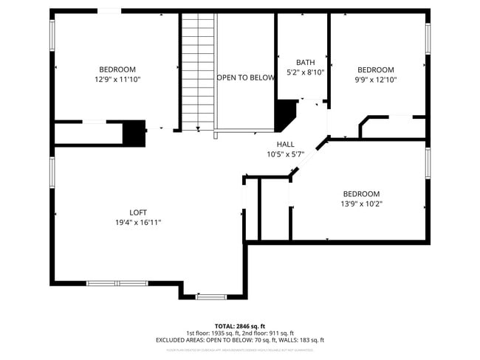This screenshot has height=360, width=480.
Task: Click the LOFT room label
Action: pyautogui.click(x=138, y=212)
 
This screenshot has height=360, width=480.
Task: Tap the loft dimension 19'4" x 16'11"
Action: pyautogui.click(x=138, y=222)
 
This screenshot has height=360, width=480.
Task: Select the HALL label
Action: pyautogui.click(x=285, y=145)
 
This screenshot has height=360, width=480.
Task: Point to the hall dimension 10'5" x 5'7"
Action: pyautogui.click(x=285, y=154)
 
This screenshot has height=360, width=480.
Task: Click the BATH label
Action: pyautogui.click(x=305, y=62)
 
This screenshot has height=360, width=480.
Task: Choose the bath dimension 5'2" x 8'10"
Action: pyautogui.click(x=305, y=72)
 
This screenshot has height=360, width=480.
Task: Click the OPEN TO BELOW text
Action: pyautogui.click(x=245, y=77)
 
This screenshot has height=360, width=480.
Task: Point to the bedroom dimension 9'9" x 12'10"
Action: pyautogui.click(x=376, y=80)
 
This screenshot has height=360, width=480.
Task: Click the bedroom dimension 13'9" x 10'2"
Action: pyautogui.click(x=361, y=204)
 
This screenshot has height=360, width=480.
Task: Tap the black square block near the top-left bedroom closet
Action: pyautogui.click(x=134, y=133)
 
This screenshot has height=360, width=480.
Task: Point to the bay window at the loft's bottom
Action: pyautogui.click(x=210, y=297)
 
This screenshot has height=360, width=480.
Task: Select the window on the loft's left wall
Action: pyautogui.click(x=52, y=171)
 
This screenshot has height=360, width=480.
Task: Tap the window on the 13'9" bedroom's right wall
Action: pyautogui.click(x=428, y=164)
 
